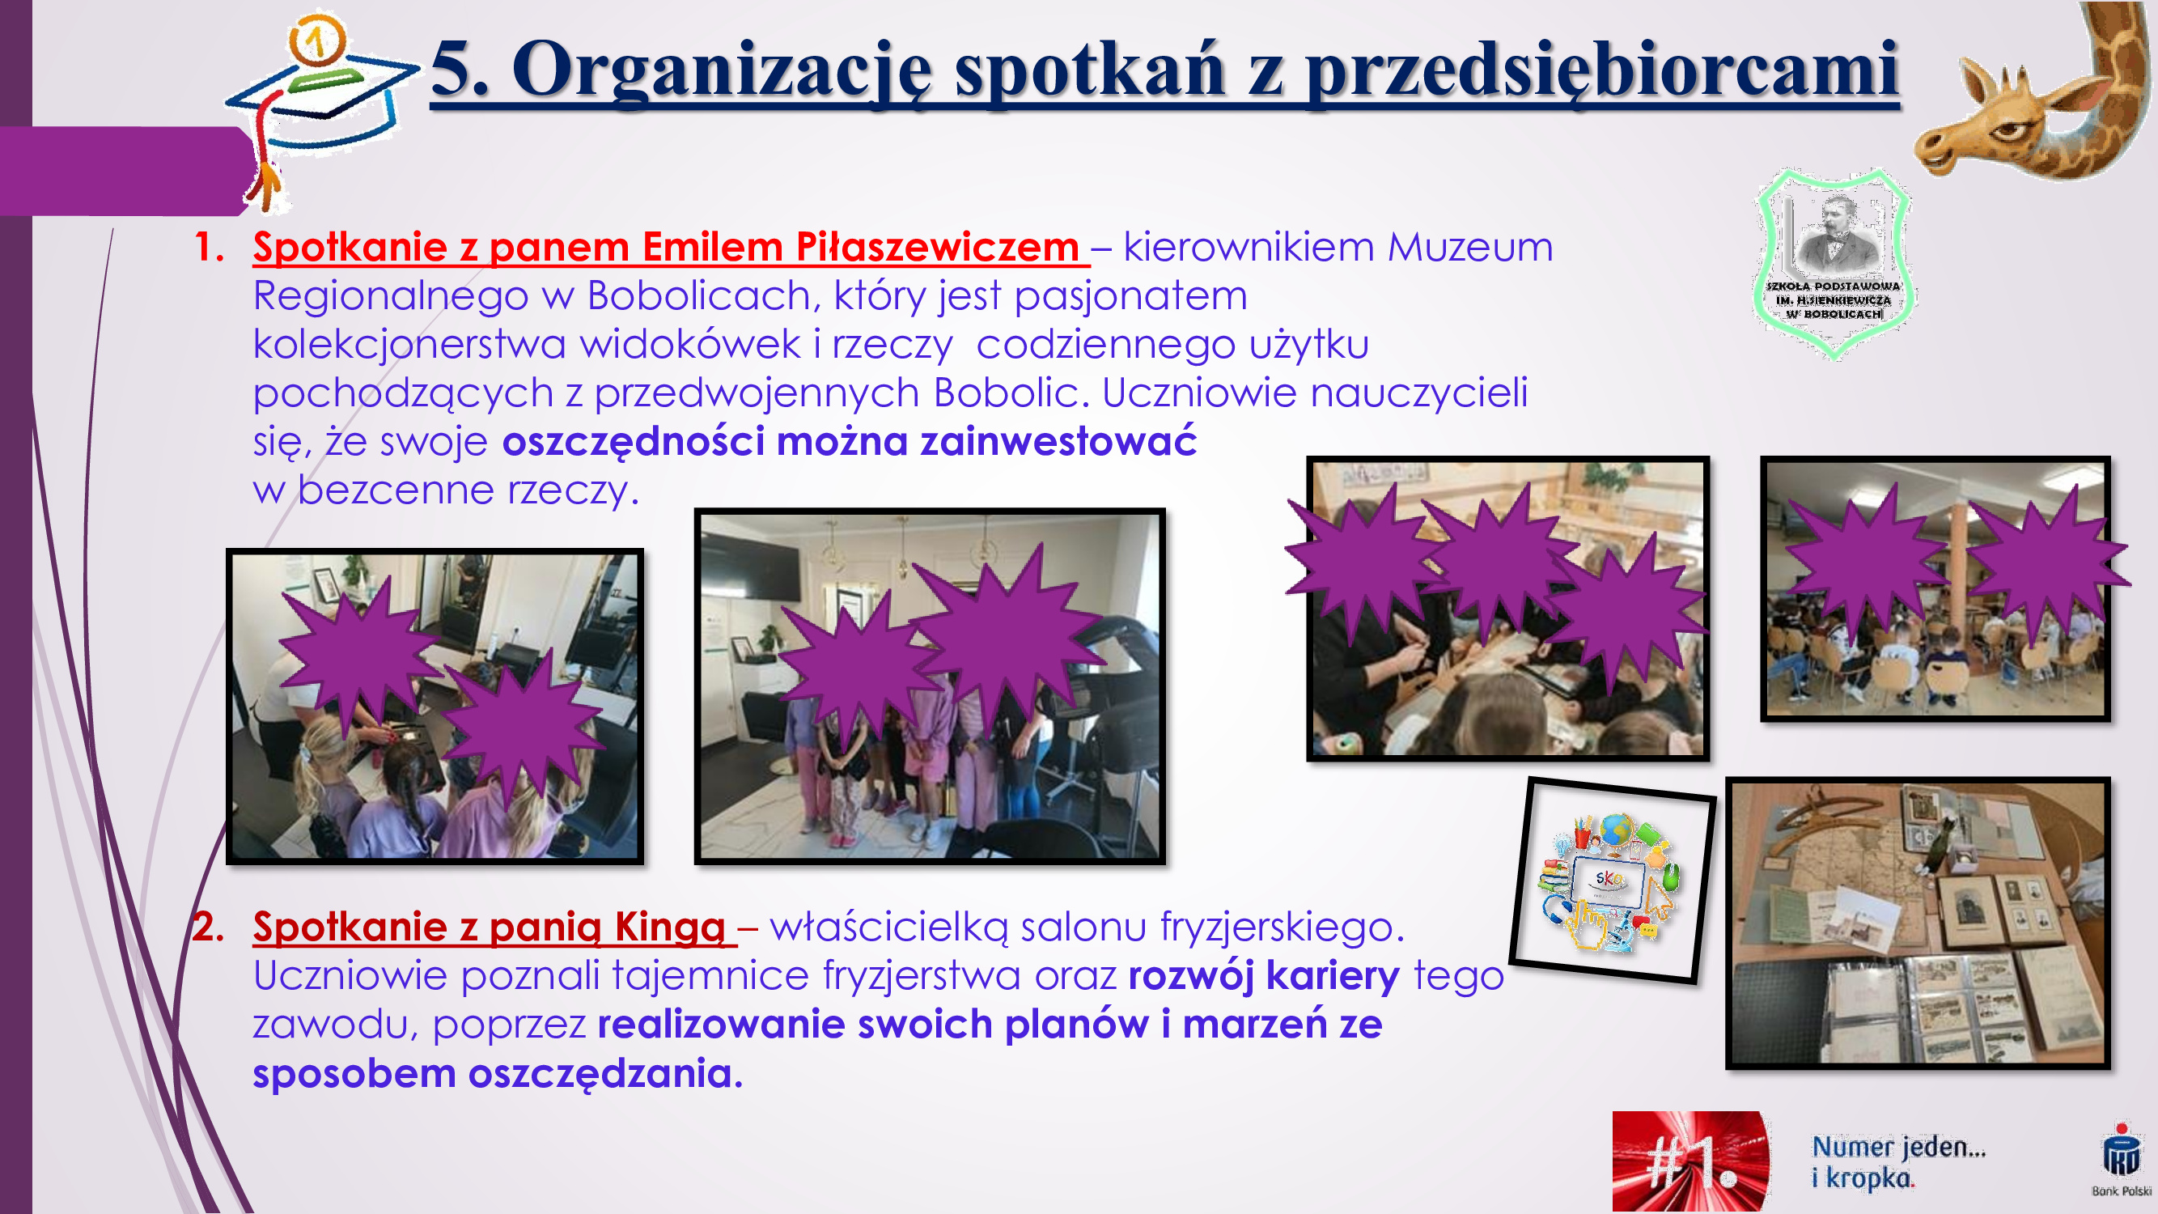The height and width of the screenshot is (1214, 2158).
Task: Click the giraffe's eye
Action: (x=2008, y=129)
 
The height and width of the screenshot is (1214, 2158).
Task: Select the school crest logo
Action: (x=1833, y=263)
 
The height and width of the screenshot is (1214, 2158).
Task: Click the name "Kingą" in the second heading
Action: (x=669, y=928)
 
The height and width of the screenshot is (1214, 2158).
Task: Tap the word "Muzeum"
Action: (x=1470, y=247)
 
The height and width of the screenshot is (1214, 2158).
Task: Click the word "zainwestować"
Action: (x=1059, y=441)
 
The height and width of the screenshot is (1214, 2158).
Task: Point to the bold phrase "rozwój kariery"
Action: (x=1264, y=976)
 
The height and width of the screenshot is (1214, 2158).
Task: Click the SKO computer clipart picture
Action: (x=1612, y=881)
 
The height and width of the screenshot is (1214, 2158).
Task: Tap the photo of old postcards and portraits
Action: (x=1918, y=923)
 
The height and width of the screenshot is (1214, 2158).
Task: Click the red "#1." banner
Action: (x=1690, y=1161)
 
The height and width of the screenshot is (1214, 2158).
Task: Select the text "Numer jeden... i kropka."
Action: (x=1899, y=1162)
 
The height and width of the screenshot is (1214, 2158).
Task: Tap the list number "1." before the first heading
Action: (x=210, y=247)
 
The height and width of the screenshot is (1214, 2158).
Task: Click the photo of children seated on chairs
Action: (x=1935, y=589)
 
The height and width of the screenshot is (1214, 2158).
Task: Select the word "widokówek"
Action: (x=690, y=344)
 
